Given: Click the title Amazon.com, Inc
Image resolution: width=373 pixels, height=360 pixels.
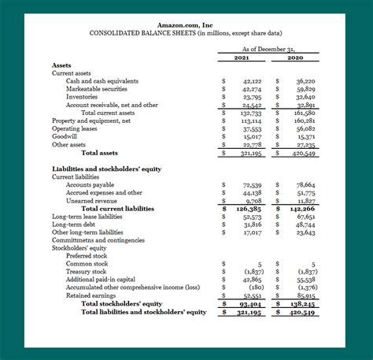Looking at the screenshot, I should tap(186, 26).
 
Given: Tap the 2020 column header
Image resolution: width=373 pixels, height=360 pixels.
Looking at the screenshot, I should tap(295, 58).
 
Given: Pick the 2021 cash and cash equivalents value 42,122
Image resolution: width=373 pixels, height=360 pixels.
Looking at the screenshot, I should tap(252, 81).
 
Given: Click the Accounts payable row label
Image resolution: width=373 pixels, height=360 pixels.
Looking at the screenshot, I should tap(90, 184).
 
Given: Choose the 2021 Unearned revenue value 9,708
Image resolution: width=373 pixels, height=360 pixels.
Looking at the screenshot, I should tap(253, 200).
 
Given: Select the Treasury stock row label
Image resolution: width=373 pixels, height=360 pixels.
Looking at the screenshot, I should tap(86, 272).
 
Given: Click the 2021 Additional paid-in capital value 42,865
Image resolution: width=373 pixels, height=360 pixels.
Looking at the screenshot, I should tap(252, 280).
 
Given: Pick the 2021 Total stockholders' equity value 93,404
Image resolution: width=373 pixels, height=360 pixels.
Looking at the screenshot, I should tap(251, 303).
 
